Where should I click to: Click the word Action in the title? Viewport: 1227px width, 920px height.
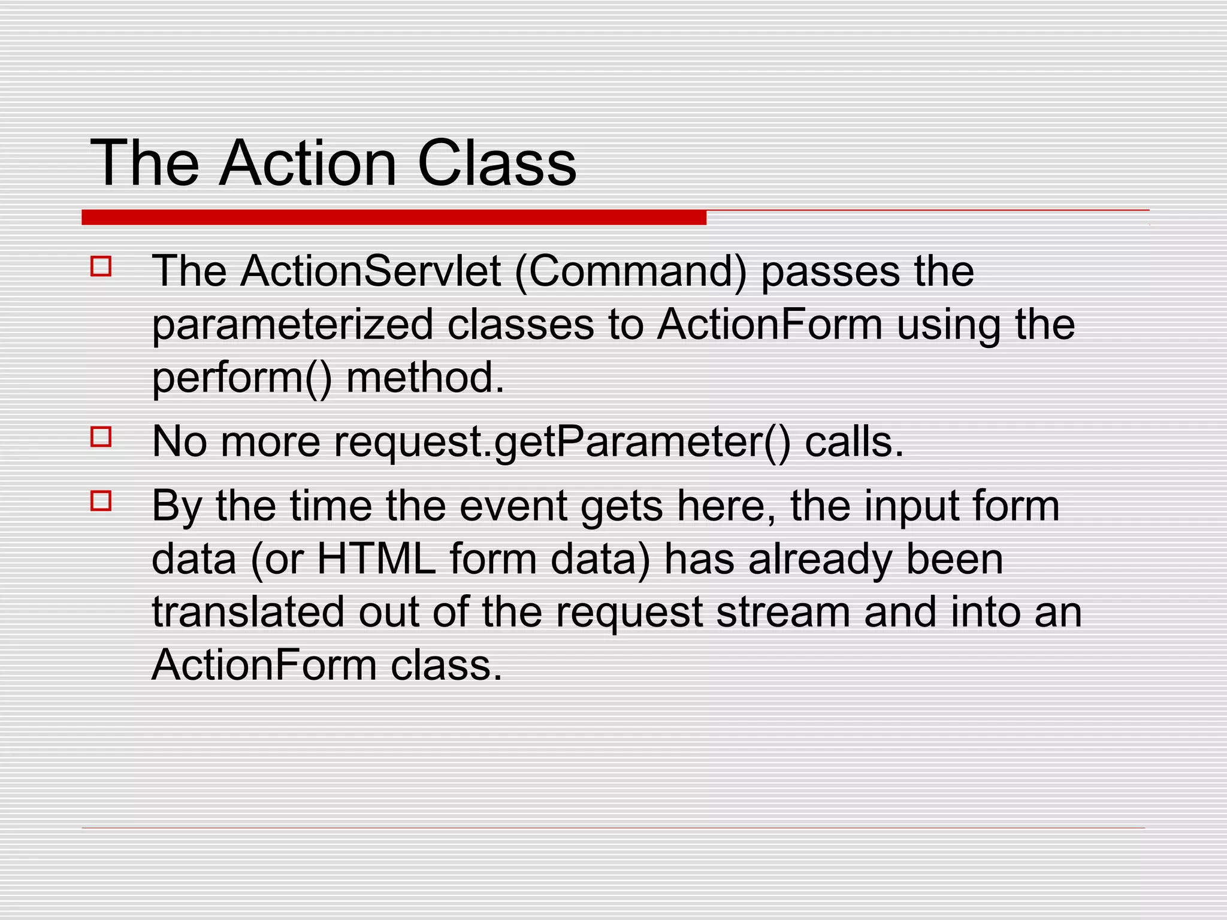pyautogui.click(x=307, y=163)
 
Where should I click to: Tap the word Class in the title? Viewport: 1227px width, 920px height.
pyautogui.click(x=496, y=163)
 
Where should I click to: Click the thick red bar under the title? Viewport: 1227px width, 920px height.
pyautogui.click(x=394, y=217)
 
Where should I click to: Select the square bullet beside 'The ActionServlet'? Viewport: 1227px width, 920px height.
pyautogui.click(x=101, y=266)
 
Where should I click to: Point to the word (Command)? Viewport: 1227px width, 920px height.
pyautogui.click(x=631, y=273)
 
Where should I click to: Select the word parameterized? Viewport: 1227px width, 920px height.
pyautogui.click(x=292, y=325)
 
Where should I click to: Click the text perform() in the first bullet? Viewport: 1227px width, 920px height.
pyautogui.click(x=241, y=379)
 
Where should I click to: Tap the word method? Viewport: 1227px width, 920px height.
pyautogui.click(x=425, y=378)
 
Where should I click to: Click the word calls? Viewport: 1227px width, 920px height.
pyautogui.click(x=854, y=441)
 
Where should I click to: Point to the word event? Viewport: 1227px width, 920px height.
pyautogui.click(x=513, y=506)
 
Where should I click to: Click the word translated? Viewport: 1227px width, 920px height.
pyautogui.click(x=248, y=612)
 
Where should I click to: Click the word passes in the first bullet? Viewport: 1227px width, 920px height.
pyautogui.click(x=830, y=273)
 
